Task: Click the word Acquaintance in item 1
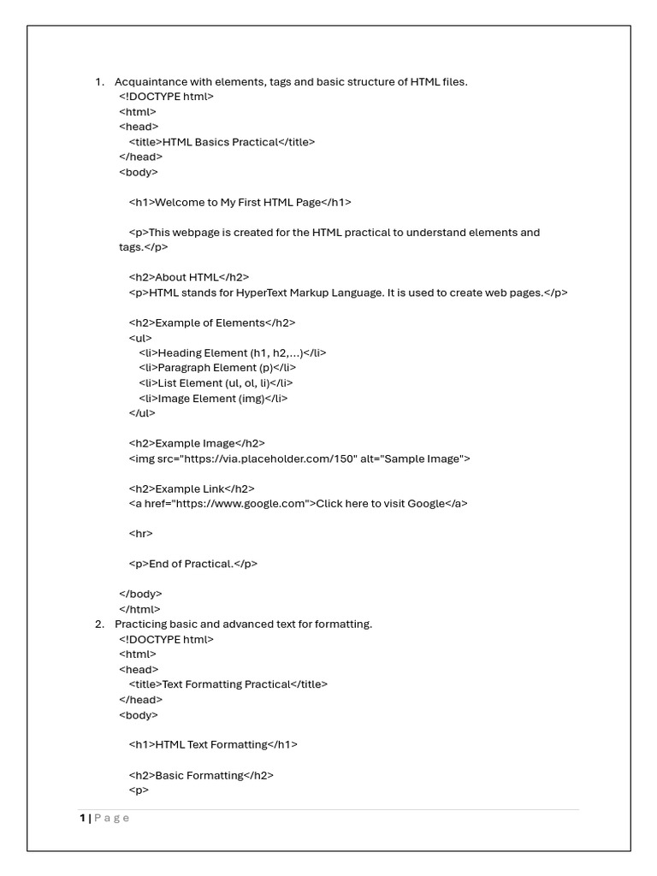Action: (x=147, y=82)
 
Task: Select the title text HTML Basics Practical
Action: (x=220, y=142)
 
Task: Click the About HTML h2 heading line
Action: (x=188, y=277)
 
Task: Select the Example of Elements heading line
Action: (x=212, y=323)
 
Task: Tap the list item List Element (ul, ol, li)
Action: (x=219, y=383)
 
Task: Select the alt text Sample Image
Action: (x=423, y=459)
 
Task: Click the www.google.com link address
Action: (x=240, y=504)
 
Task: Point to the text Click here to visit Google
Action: (x=381, y=504)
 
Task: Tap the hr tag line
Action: (x=141, y=534)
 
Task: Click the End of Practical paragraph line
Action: (x=192, y=564)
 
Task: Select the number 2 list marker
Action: (x=98, y=624)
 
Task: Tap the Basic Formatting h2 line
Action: (x=201, y=775)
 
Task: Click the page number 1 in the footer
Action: (x=83, y=818)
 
